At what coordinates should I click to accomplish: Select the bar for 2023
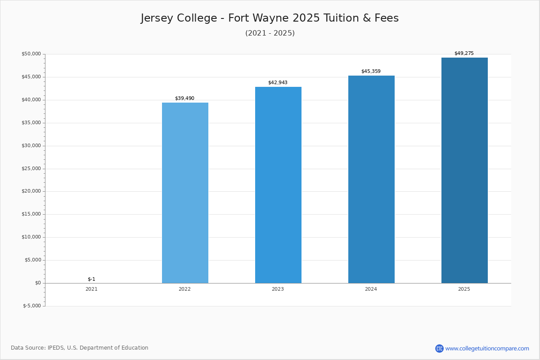click(278, 185)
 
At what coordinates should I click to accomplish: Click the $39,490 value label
click(184, 99)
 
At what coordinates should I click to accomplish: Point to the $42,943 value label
click(278, 83)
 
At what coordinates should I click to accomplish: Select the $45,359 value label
click(371, 72)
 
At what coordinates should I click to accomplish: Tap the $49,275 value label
click(464, 54)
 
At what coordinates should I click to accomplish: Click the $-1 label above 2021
click(91, 279)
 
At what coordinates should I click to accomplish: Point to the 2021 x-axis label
click(91, 289)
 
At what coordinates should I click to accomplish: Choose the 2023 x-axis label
click(278, 289)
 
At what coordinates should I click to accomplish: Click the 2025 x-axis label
click(464, 289)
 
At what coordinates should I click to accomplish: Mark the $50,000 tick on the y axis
click(31, 54)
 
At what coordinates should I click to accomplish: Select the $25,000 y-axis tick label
click(31, 169)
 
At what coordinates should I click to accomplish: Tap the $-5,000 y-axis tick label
click(32, 306)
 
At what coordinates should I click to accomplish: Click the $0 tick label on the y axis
click(38, 283)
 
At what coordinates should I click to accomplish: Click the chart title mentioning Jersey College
click(270, 18)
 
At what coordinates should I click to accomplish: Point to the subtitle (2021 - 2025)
click(270, 33)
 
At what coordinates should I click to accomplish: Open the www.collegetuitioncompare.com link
click(487, 348)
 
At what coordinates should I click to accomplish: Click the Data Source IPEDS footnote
click(80, 348)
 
